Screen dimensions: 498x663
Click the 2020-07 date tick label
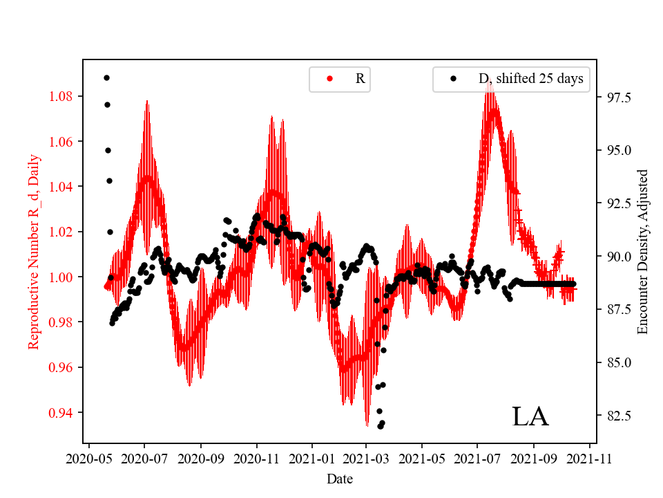pos(144,458)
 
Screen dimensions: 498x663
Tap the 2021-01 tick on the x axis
pos(311,458)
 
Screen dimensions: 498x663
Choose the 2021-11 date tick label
pos(590,458)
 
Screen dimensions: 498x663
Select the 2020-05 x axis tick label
pos(88,458)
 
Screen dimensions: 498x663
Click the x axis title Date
pos(340,479)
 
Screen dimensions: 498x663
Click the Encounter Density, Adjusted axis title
pos(643,252)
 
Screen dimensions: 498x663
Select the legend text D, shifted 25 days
pos(530,79)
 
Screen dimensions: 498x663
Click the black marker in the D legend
pos(453,79)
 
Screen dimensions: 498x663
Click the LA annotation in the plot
pos(530,416)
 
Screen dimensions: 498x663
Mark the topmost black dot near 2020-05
pos(106,77)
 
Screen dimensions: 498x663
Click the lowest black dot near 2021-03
pos(380,426)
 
